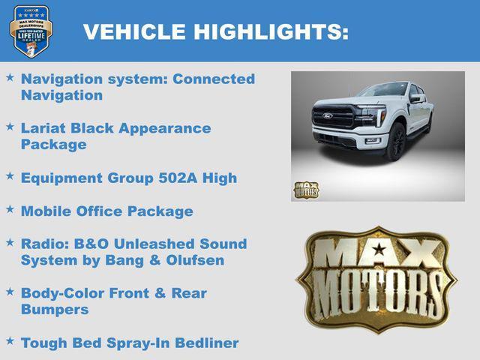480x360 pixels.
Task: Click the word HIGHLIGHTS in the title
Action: [x=271, y=31]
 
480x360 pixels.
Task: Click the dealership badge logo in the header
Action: [x=31, y=31]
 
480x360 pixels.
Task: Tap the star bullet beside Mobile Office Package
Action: [x=10, y=209]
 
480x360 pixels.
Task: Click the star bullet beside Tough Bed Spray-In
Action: [x=10, y=341]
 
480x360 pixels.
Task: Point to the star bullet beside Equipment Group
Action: [x=10, y=176]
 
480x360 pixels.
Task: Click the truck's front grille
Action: [x=333, y=118]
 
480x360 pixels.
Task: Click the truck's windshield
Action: [x=382, y=91]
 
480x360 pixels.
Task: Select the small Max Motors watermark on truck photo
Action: [x=306, y=190]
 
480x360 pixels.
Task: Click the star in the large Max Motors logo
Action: [x=377, y=248]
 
